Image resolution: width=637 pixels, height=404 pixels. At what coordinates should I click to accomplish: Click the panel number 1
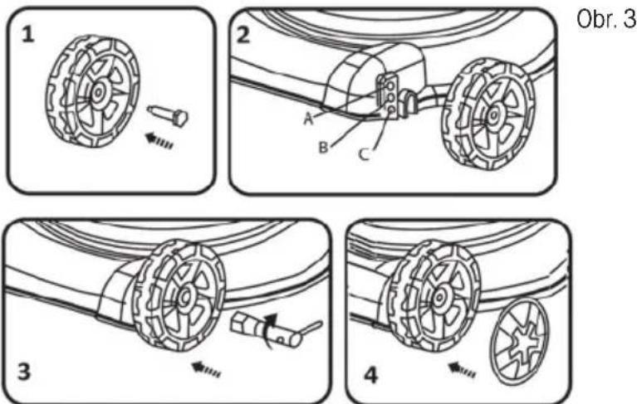click(x=27, y=34)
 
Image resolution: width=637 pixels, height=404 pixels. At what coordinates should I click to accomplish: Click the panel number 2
click(x=243, y=35)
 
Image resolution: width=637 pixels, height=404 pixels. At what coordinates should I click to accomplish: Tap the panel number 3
click(x=24, y=372)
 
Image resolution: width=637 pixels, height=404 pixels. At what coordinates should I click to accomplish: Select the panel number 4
click(x=370, y=375)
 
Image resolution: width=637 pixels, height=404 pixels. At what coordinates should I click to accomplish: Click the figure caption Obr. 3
click(x=606, y=19)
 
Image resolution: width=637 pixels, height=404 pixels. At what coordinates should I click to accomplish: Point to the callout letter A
click(x=309, y=119)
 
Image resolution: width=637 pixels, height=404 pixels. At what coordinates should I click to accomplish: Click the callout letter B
click(x=323, y=147)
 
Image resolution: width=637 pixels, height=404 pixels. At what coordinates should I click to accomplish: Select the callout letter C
click(x=364, y=154)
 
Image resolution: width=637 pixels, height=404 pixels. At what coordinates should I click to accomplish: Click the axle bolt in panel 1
click(x=169, y=114)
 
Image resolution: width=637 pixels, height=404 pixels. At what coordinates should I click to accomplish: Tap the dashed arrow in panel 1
click(x=159, y=140)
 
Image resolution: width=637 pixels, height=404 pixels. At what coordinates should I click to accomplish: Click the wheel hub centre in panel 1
click(x=97, y=92)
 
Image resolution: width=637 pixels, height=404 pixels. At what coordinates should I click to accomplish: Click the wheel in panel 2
click(x=488, y=114)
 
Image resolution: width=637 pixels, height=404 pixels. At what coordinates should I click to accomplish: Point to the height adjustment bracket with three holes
click(x=388, y=96)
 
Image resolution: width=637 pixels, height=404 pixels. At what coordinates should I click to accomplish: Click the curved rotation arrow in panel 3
click(x=269, y=329)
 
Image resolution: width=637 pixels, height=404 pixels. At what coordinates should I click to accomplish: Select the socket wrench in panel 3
click(x=276, y=329)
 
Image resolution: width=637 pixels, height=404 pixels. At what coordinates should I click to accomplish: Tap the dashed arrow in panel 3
click(x=206, y=369)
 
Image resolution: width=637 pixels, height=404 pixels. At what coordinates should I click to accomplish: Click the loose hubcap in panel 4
click(x=518, y=341)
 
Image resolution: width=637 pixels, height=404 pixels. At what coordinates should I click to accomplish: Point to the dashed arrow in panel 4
click(x=462, y=370)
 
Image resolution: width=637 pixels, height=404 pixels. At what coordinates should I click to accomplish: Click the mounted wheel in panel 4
click(x=432, y=296)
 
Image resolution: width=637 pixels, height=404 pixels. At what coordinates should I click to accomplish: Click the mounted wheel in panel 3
click(x=178, y=296)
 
